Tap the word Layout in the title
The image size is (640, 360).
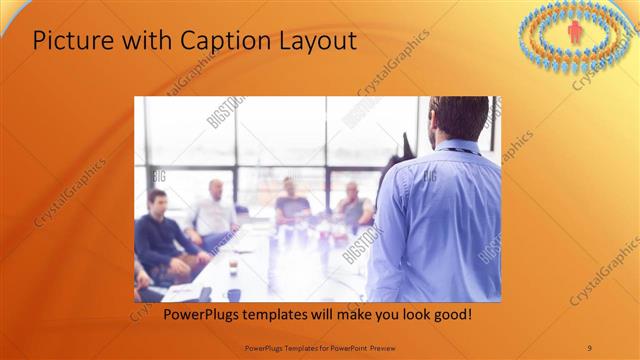tap(315, 41)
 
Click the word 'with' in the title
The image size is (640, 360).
tap(146, 41)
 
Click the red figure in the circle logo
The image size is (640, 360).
tap(575, 33)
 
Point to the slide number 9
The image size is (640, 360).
tap(589, 347)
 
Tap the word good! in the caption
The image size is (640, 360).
tap(448, 315)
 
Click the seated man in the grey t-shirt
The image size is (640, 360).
tap(292, 204)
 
